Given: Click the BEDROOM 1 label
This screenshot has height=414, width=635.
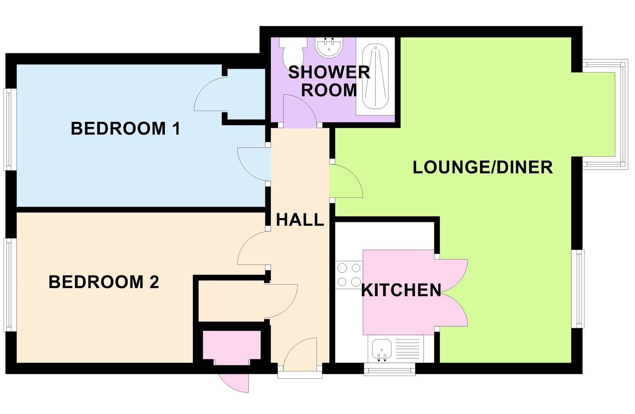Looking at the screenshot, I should (125, 128).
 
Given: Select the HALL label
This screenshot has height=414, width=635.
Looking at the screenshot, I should (300, 220).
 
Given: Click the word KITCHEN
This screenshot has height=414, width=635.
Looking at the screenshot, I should (401, 290).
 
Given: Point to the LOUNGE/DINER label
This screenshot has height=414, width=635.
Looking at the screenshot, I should (483, 168).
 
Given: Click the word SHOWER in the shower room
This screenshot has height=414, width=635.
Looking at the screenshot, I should (329, 72).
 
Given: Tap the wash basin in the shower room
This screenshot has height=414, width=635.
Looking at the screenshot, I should (329, 46).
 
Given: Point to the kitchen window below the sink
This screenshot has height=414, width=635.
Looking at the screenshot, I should (389, 369).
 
